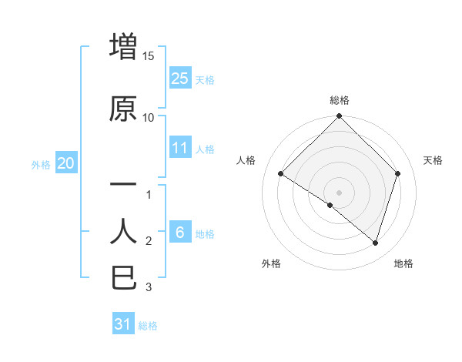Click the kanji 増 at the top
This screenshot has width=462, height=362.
123,48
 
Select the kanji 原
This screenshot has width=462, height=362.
123,109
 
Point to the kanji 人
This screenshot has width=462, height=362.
123,231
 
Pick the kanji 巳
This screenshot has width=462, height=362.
123,277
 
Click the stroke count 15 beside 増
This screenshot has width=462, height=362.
149,56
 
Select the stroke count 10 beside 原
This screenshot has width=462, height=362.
149,117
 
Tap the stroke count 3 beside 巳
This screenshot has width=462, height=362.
149,287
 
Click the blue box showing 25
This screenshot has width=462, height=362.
179,78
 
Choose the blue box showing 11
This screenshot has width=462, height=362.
179,148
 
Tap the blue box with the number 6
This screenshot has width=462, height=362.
179,233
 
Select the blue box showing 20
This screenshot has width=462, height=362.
65,163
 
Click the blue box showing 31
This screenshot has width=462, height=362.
123,324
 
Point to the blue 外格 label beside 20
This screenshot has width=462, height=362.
41,164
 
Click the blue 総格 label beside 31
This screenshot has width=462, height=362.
148,326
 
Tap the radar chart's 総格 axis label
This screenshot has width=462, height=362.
339,100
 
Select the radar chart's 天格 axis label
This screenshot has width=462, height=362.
433,160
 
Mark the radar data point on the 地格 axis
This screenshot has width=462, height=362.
376,243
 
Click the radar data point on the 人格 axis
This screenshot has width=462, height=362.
281,174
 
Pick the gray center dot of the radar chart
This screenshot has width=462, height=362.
339,192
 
